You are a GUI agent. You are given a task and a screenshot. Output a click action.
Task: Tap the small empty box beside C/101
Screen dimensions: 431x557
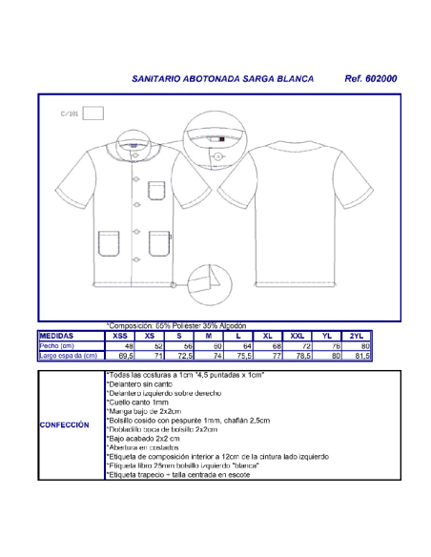(x=92, y=113)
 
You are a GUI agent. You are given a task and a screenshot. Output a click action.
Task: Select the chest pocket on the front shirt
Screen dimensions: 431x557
(x=154, y=190)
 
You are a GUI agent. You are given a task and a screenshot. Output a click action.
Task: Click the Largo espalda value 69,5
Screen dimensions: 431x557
(x=123, y=356)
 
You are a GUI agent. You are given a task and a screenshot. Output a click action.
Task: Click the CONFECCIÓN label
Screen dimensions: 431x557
(x=64, y=425)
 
